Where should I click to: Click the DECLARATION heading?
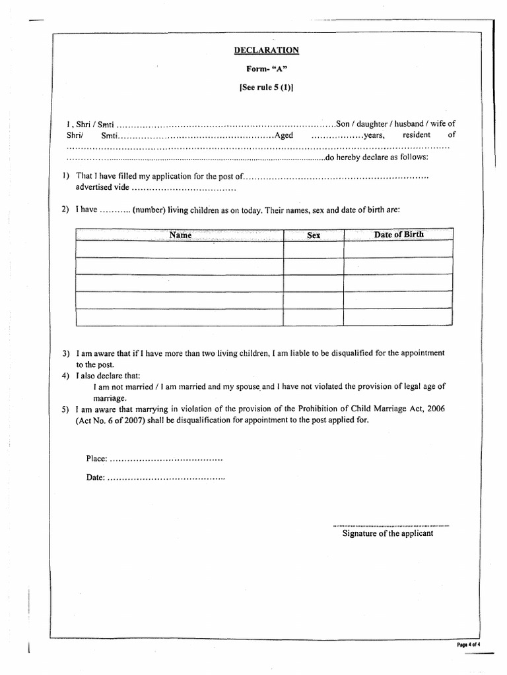tap(267, 50)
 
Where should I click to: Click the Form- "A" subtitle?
tap(267, 68)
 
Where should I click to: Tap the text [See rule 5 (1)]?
tap(267, 86)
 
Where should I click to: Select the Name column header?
tap(180, 235)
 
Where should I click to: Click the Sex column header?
tap(314, 235)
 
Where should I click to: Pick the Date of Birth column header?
tap(399, 235)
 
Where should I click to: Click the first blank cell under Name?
tap(180, 249)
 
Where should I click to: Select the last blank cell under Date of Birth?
tap(399, 317)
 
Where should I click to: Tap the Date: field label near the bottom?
tap(96, 477)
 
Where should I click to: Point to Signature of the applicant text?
tap(388, 533)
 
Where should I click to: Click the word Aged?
tap(283, 135)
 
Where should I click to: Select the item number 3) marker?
tap(66, 353)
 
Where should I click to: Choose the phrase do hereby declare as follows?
tap(377, 158)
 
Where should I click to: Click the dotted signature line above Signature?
tap(391, 525)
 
